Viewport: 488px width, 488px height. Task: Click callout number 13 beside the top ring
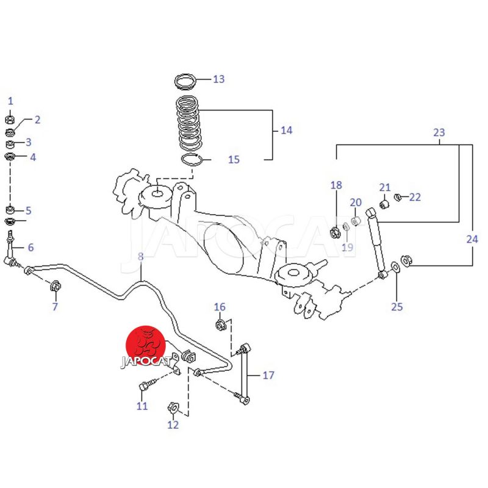(x=218, y=79)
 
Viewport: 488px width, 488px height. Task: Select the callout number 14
(x=286, y=130)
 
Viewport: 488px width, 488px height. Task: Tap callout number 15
(x=234, y=160)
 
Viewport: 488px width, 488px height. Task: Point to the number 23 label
(x=439, y=132)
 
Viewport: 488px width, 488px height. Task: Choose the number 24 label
(x=472, y=240)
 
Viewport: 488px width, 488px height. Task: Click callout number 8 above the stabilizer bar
(x=140, y=257)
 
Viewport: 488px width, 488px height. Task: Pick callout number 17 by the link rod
(x=268, y=375)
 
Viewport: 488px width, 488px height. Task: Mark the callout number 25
(x=397, y=306)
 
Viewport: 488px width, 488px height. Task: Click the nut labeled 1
(x=10, y=120)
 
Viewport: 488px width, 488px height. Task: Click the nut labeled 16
(x=221, y=323)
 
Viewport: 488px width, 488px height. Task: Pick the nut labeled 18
(x=335, y=231)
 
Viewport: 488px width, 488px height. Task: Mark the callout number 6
(x=30, y=248)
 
